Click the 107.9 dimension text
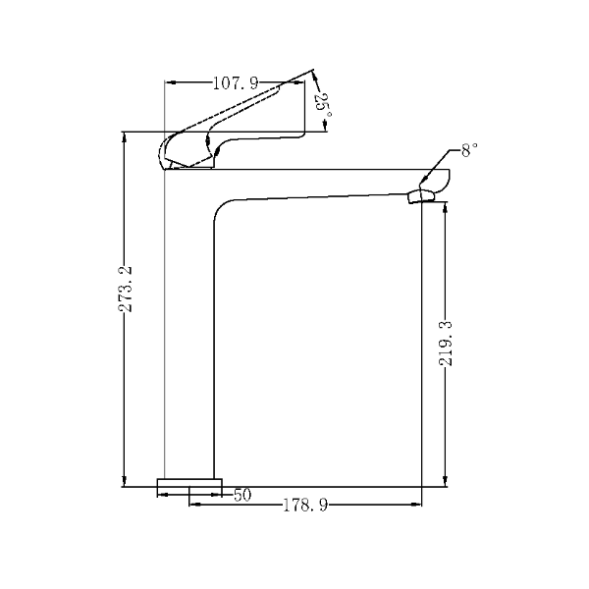(236, 83)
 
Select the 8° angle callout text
(470, 150)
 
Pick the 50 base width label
(242, 495)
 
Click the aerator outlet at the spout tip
(420, 196)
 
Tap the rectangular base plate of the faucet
(189, 485)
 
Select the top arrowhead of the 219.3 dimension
(446, 207)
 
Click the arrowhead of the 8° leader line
(425, 183)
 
